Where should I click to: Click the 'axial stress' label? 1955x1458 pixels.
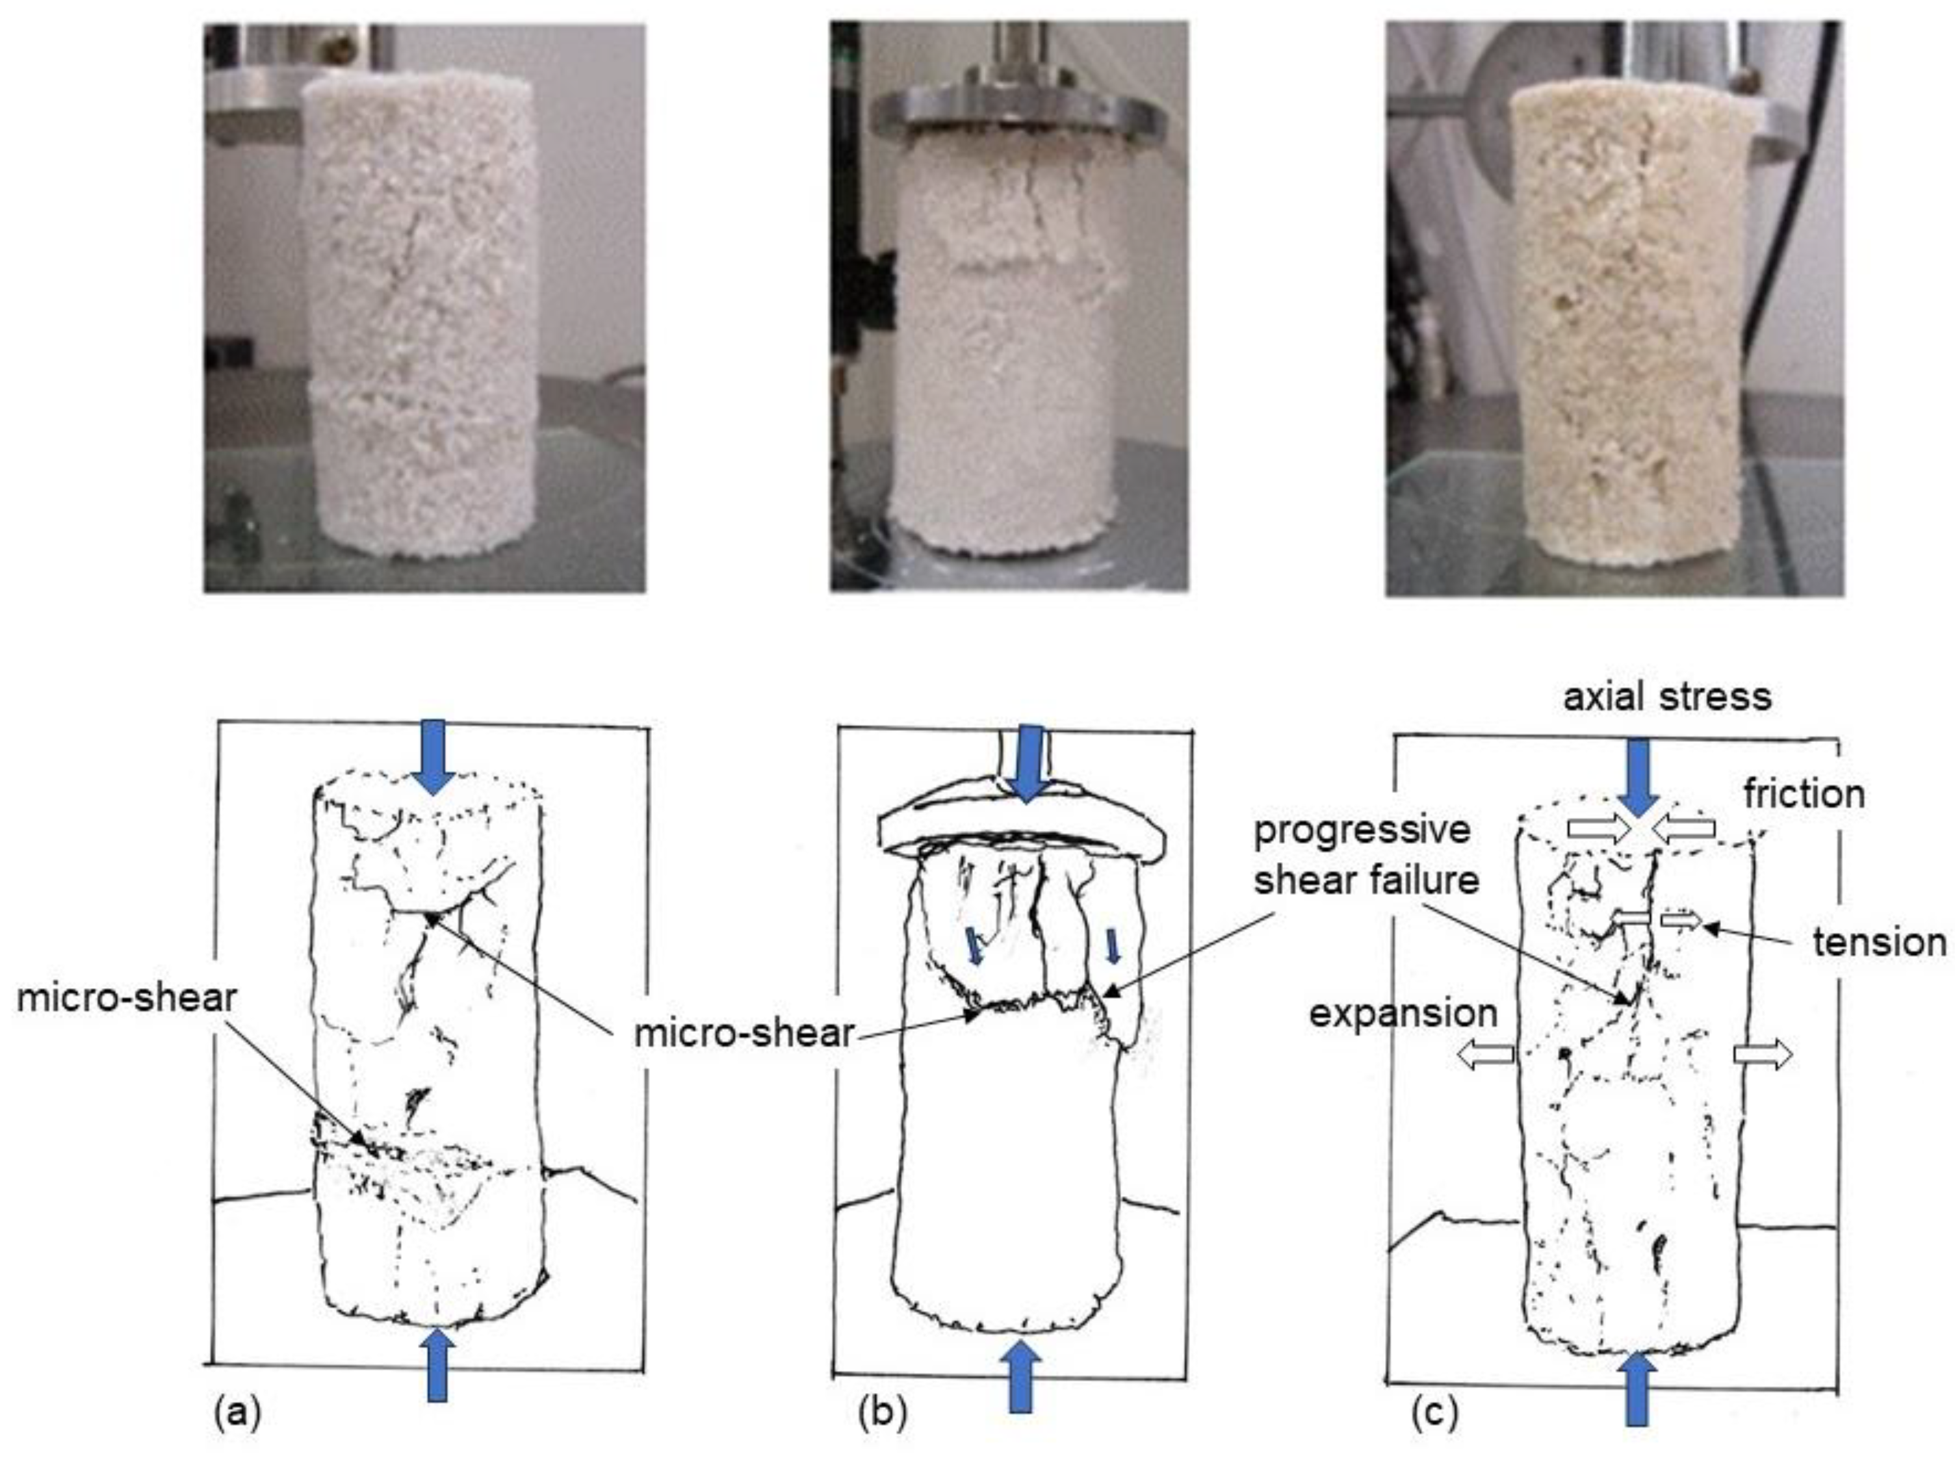click(1666, 697)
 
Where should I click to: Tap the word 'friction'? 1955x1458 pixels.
click(1803, 795)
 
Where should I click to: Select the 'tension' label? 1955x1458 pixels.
click(1879, 943)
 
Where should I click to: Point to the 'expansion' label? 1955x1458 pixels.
click(1403, 1013)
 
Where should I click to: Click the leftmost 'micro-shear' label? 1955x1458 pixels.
click(126, 997)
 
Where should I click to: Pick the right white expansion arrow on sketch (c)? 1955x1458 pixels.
click(1763, 1054)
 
